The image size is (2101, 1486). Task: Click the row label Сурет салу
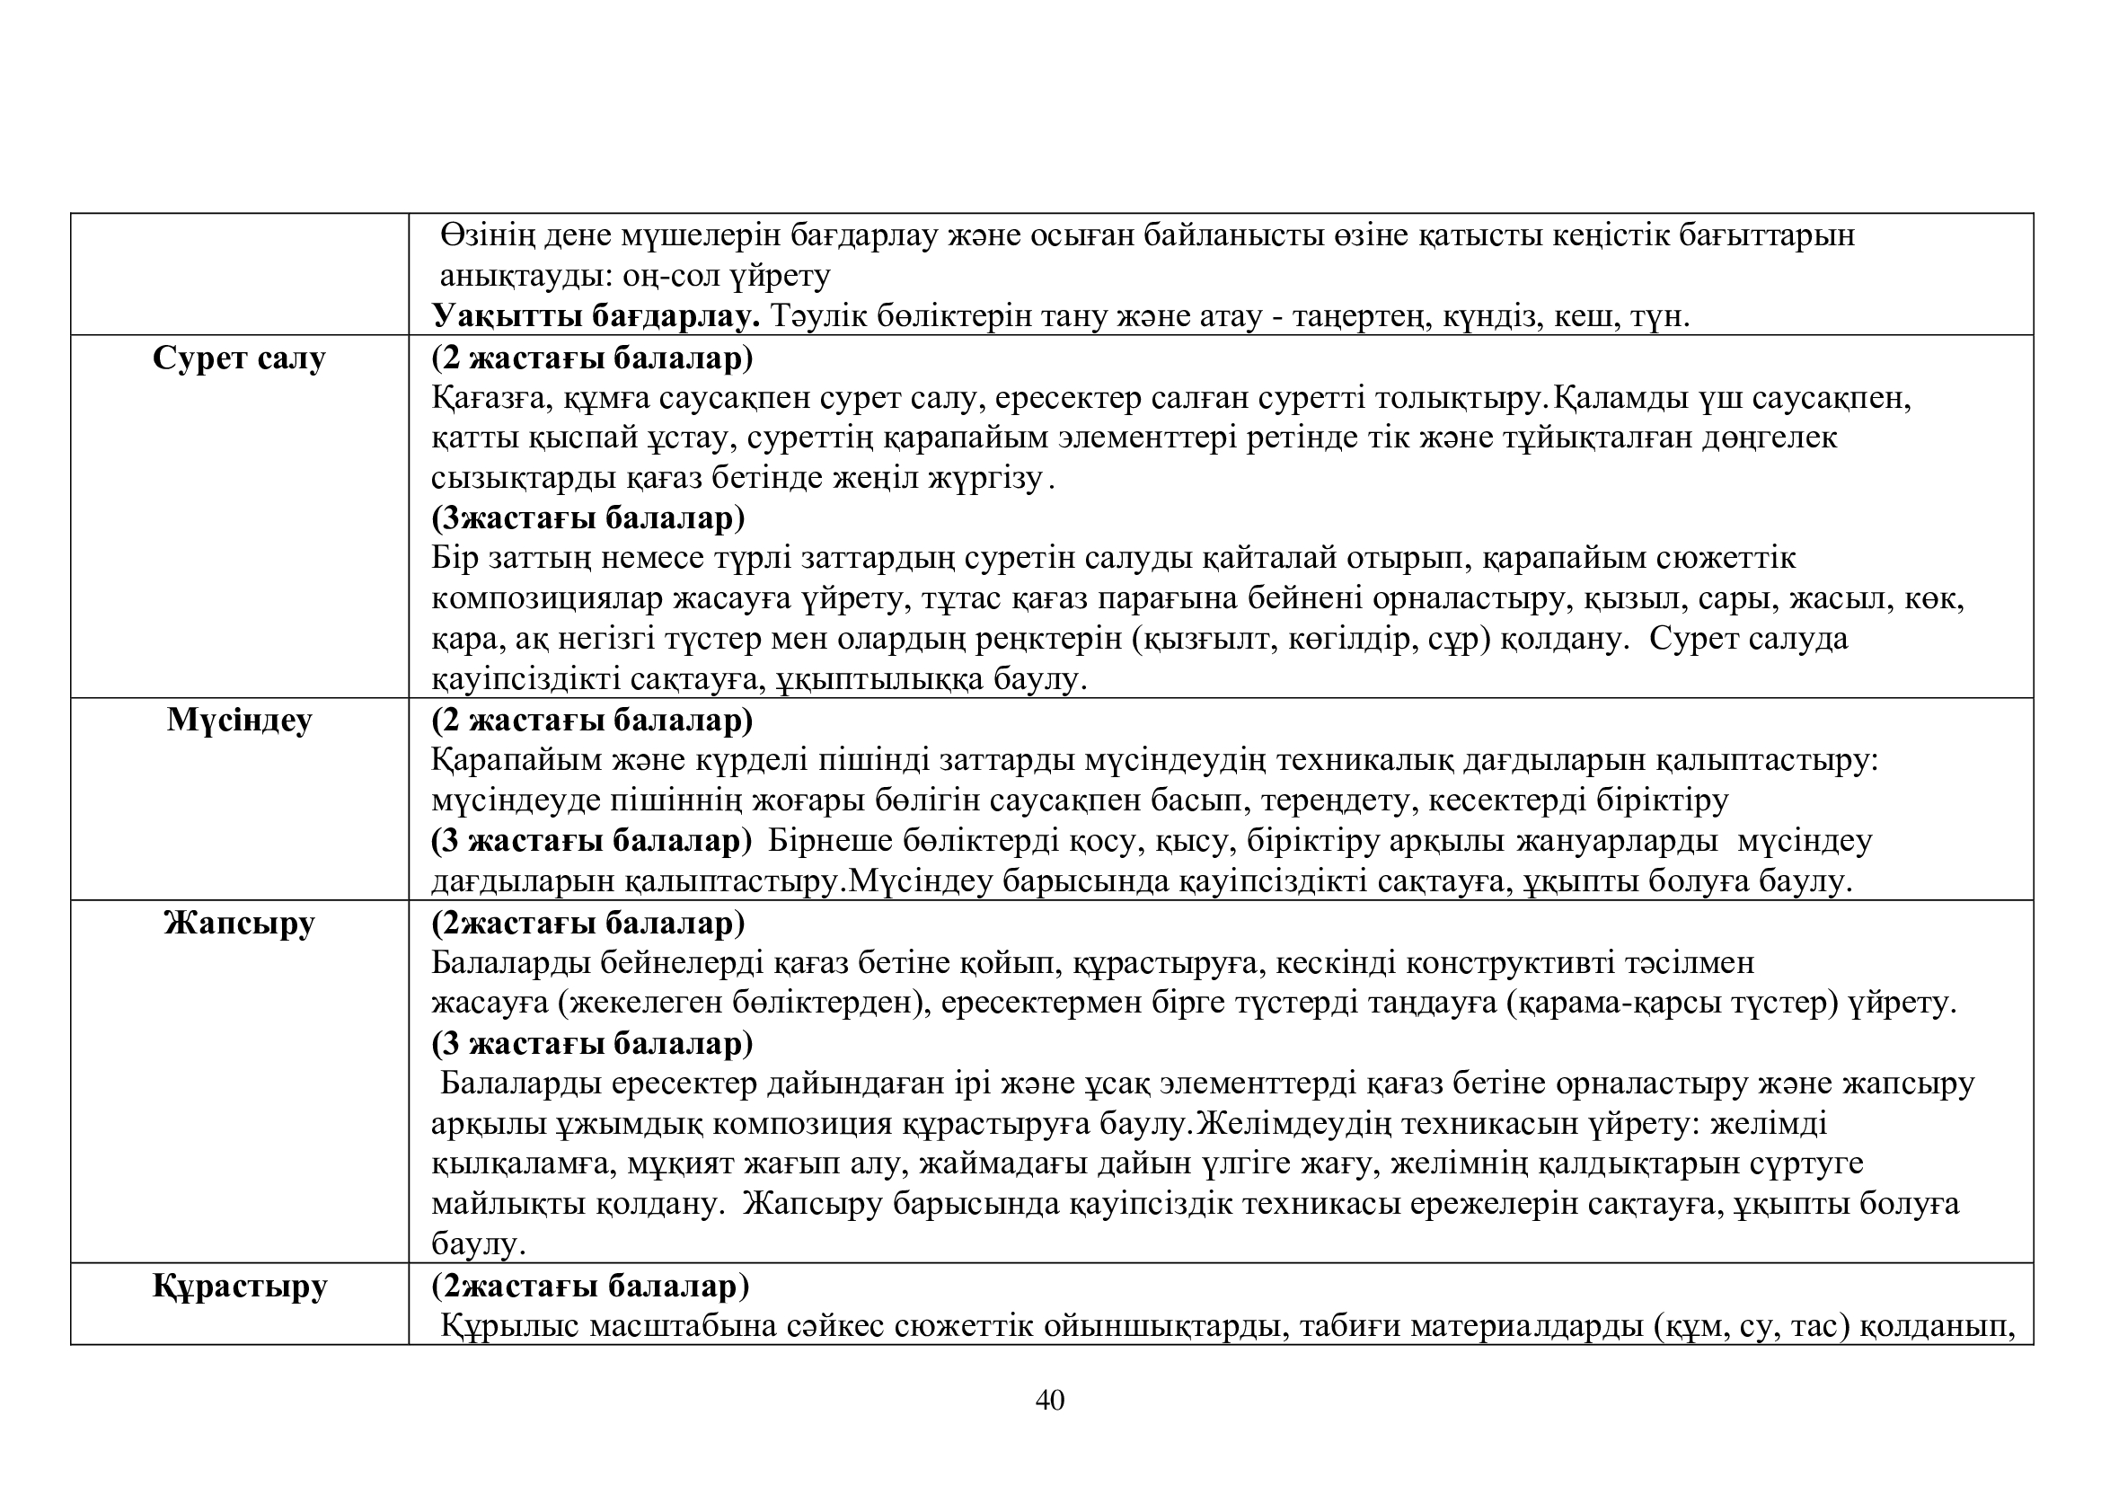tap(239, 358)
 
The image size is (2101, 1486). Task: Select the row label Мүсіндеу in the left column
tap(240, 721)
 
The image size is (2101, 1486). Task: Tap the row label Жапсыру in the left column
tap(240, 923)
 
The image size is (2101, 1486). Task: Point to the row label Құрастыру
tap(240, 1286)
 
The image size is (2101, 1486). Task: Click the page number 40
tap(1049, 1401)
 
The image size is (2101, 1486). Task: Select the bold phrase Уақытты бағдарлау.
tap(596, 316)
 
